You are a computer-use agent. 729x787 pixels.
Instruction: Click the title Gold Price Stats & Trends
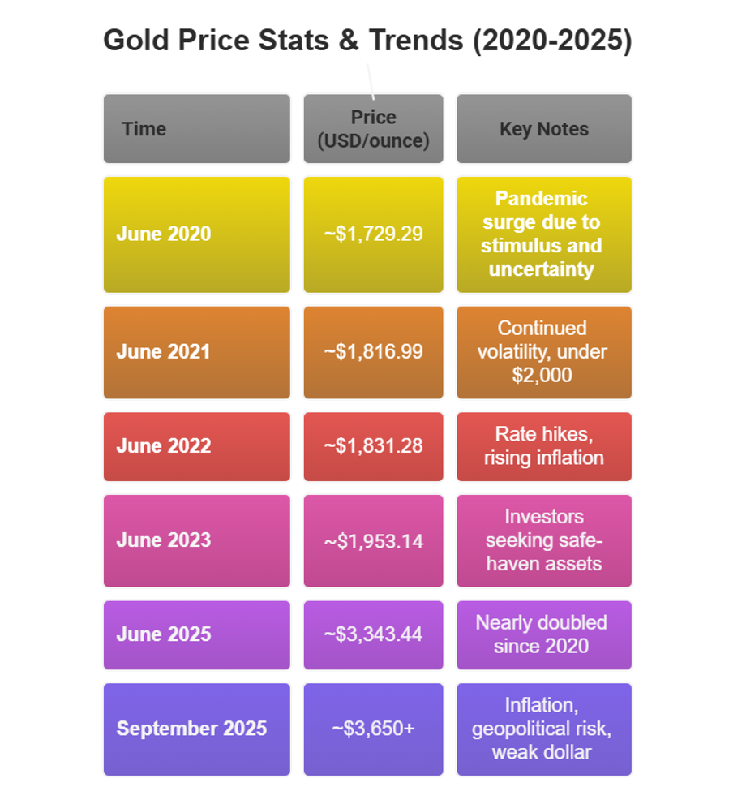pyautogui.click(x=367, y=41)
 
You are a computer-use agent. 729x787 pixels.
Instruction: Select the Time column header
pyautogui.click(x=196, y=129)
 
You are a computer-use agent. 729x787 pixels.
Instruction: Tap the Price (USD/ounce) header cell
pyautogui.click(x=373, y=129)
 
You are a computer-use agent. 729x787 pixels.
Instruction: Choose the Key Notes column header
pyautogui.click(x=543, y=129)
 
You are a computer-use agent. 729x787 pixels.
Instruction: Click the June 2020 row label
pyautogui.click(x=196, y=234)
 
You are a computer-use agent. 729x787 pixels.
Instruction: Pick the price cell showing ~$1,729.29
pyautogui.click(x=373, y=234)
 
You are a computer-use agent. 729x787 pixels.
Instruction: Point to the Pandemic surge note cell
pyautogui.click(x=543, y=234)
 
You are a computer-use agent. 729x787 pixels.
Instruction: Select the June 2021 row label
pyautogui.click(x=196, y=352)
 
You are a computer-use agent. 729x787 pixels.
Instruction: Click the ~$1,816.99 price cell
pyautogui.click(x=373, y=352)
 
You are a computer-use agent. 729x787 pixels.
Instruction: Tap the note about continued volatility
pyautogui.click(x=543, y=352)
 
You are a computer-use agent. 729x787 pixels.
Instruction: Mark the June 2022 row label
pyautogui.click(x=196, y=446)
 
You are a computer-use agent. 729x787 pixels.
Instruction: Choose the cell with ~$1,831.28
pyautogui.click(x=373, y=446)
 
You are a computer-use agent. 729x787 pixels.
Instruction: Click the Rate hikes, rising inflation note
pyautogui.click(x=543, y=446)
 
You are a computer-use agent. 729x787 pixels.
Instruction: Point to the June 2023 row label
pyautogui.click(x=196, y=540)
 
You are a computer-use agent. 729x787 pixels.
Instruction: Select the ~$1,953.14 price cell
pyautogui.click(x=373, y=540)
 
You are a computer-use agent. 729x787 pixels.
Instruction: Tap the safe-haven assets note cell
pyautogui.click(x=543, y=540)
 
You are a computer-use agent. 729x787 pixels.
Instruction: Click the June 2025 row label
pyautogui.click(x=196, y=634)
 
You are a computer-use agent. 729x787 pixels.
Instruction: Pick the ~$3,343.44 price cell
pyautogui.click(x=373, y=634)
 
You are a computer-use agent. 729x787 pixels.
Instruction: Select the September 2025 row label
pyautogui.click(x=196, y=729)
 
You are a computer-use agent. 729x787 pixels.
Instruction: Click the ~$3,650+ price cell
pyautogui.click(x=373, y=729)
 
